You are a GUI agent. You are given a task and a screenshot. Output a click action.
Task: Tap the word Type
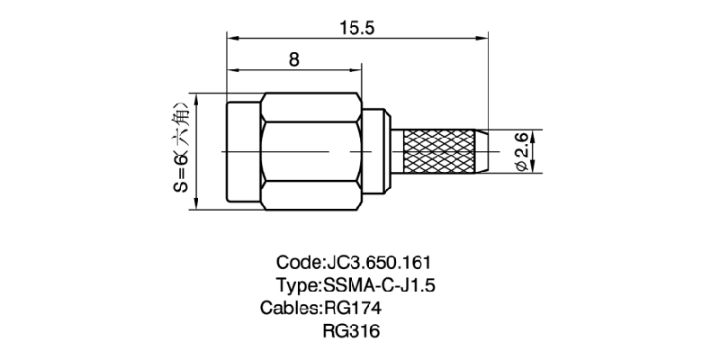298,286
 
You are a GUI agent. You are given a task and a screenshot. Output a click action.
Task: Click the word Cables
290,309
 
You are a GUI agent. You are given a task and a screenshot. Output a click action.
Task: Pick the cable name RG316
352,331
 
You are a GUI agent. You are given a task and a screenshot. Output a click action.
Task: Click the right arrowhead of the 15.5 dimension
483,39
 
